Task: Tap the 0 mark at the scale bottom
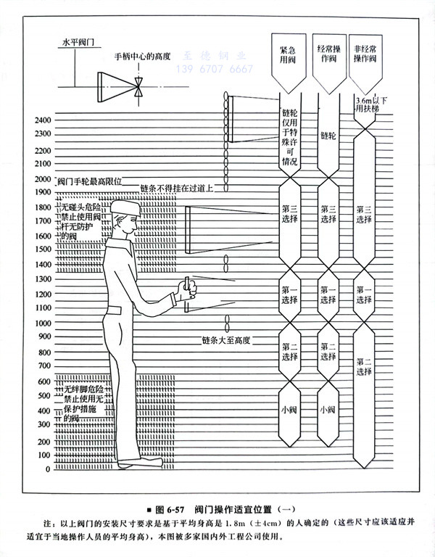[48, 469]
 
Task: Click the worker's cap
[123, 208]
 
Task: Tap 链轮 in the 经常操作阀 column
[328, 136]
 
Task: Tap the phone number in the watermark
[216, 70]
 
